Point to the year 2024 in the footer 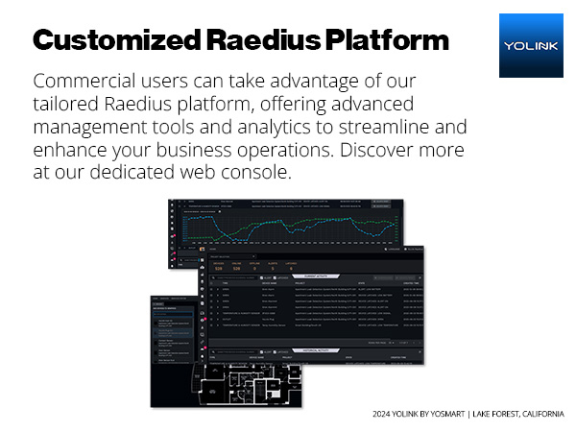pyautogui.click(x=383, y=415)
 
